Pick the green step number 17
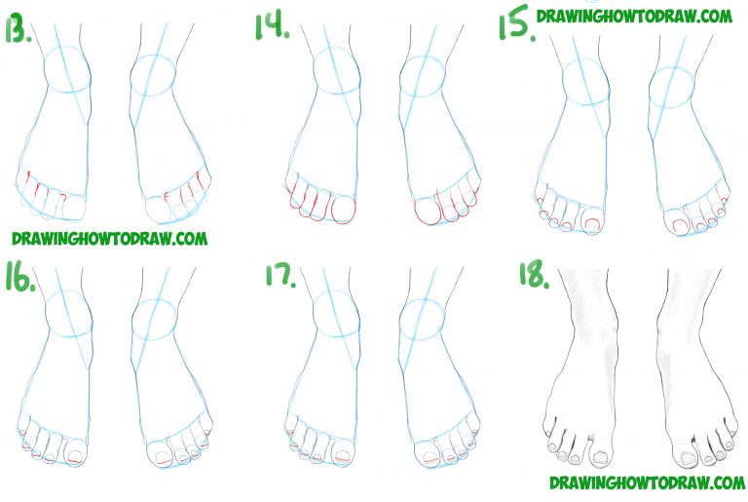click(x=280, y=275)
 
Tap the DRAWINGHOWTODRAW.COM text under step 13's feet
click(x=109, y=237)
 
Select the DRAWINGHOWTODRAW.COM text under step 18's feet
click(x=647, y=483)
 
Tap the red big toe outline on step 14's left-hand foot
click(x=343, y=210)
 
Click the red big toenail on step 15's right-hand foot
click(x=677, y=225)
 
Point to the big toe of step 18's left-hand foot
click(x=596, y=454)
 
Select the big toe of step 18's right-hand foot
click(x=689, y=456)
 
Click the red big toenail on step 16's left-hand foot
click(x=76, y=454)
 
